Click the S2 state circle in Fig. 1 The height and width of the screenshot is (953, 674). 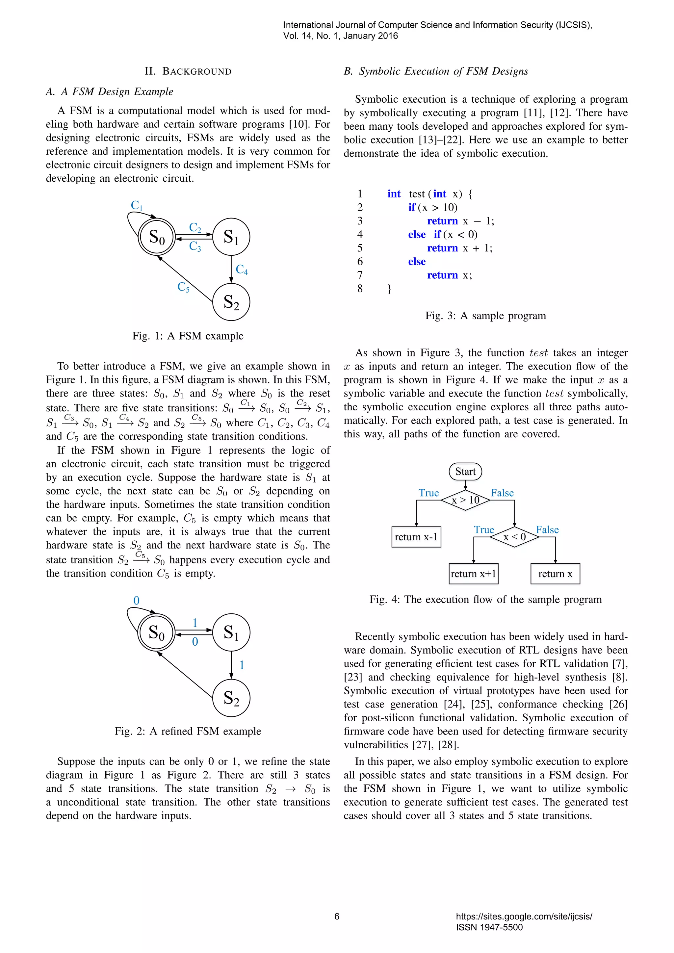point(231,302)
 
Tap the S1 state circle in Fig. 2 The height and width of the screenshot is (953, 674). point(231,632)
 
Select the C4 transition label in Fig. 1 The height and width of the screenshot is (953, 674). point(242,270)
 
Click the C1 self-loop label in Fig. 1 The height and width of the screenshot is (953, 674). point(137,205)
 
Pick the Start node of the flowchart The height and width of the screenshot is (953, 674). point(465,472)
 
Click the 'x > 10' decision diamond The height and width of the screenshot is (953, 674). point(465,500)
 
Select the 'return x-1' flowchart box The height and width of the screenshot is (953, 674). point(416,537)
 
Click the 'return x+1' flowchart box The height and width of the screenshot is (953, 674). point(474,574)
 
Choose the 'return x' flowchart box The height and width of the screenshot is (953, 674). point(555,574)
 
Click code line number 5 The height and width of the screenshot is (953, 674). point(360,248)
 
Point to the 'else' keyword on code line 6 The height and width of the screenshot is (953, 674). point(417,262)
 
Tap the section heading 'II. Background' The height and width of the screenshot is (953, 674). point(188,71)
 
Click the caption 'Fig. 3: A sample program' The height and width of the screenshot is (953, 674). point(485,316)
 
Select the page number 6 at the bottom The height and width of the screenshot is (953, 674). point(337,916)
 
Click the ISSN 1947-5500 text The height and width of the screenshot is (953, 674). point(489,927)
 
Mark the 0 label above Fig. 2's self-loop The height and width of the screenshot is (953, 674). point(137,601)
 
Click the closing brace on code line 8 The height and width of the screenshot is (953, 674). point(389,289)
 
